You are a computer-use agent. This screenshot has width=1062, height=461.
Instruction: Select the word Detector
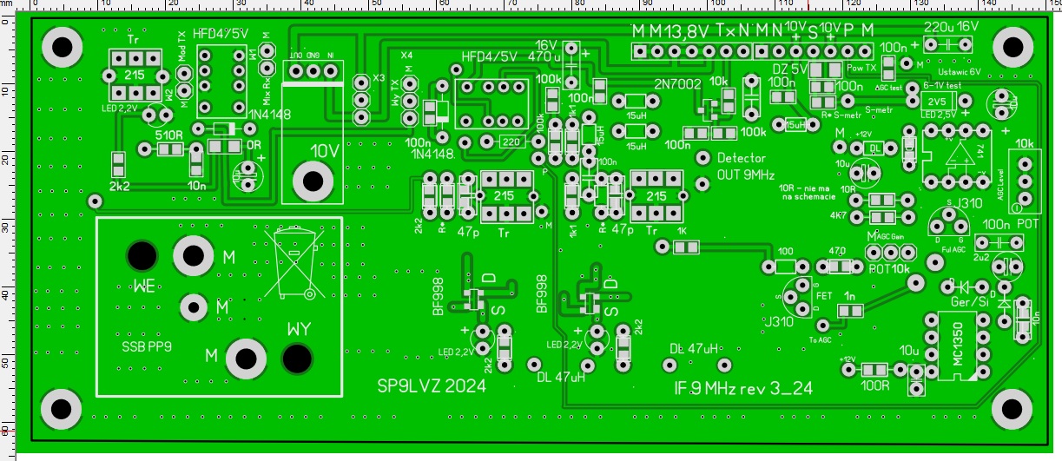[742, 159]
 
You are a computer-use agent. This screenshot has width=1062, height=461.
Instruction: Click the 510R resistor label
[168, 135]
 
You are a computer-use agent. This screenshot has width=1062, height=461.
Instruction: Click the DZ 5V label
[789, 69]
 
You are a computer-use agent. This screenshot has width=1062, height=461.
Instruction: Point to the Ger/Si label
[970, 300]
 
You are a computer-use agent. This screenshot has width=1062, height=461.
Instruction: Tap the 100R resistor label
[873, 382]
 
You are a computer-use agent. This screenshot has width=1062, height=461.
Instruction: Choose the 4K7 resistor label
[838, 215]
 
